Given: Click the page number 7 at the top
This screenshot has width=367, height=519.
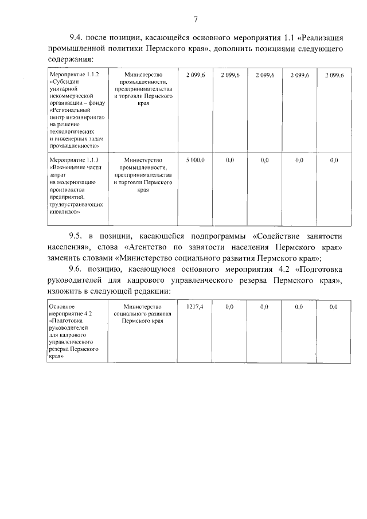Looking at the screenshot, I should [x=196, y=19].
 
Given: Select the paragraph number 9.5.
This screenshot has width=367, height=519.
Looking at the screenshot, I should [x=77, y=236].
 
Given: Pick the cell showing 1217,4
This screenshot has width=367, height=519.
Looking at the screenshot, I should [x=195, y=308].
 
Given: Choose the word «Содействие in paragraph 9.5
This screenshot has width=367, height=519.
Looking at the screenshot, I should [x=278, y=236].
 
